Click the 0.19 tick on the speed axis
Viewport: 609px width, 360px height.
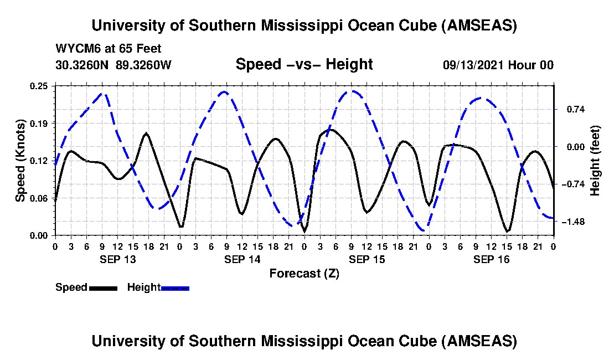click(40, 123)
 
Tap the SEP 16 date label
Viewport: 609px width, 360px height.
click(492, 259)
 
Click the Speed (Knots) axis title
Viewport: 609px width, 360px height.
click(20, 161)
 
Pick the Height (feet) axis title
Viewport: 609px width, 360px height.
click(596, 161)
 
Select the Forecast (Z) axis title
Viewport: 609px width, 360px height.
click(304, 273)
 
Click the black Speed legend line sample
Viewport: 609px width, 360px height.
click(103, 287)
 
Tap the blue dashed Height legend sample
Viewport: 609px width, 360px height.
click(175, 287)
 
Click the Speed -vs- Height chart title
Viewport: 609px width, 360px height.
click(304, 64)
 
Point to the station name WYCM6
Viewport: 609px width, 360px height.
click(75, 49)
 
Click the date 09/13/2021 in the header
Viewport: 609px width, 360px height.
click(472, 65)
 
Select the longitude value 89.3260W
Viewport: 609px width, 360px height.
click(144, 65)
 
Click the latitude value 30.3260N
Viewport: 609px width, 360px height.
click(82, 65)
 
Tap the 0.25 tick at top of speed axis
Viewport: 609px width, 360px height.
click(40, 86)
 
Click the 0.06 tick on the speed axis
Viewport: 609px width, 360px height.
click(40, 198)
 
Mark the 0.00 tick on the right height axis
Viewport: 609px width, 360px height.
click(570, 147)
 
